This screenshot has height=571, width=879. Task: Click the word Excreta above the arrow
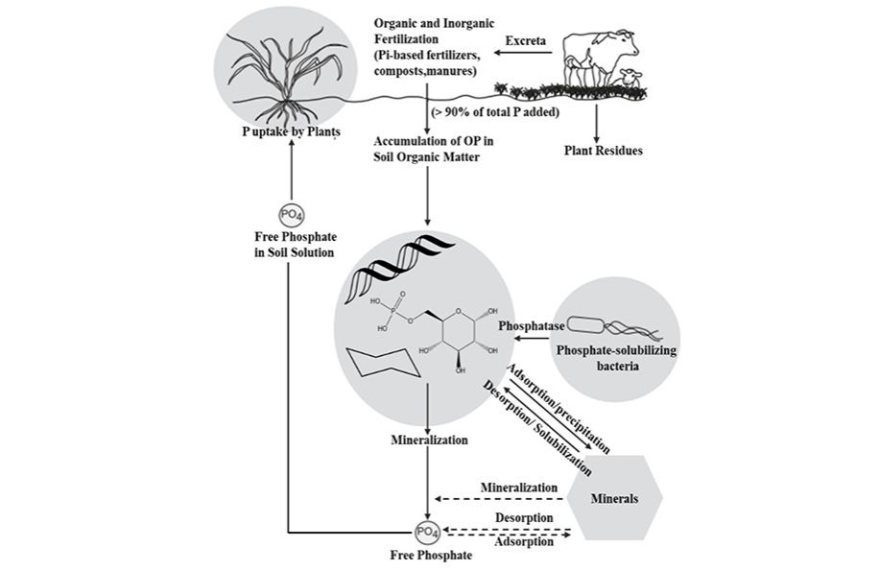[x=527, y=41]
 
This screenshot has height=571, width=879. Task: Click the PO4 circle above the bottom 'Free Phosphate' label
[x=426, y=531]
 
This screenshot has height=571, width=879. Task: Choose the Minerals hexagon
[x=613, y=498]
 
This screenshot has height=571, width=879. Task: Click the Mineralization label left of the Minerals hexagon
[x=519, y=488]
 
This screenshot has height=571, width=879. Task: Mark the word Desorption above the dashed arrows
[x=523, y=518]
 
